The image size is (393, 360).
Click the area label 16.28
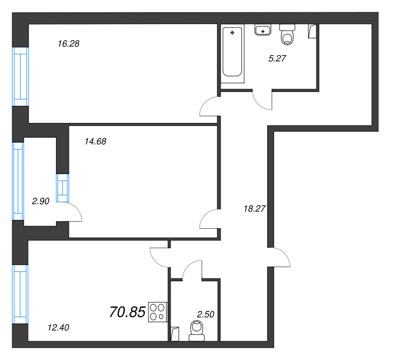(x=68, y=44)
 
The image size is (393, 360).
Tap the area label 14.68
(x=95, y=142)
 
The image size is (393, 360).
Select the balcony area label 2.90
(x=41, y=201)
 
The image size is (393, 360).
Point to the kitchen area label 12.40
(x=58, y=328)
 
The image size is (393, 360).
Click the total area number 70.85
(x=128, y=312)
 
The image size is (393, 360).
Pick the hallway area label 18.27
(x=254, y=209)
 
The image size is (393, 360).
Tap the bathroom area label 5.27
(x=277, y=59)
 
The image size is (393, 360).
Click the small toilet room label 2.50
(x=205, y=314)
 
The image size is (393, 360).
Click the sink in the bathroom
(x=263, y=30)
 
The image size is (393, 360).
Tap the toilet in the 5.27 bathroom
(x=287, y=34)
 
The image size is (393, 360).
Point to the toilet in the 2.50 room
(x=197, y=331)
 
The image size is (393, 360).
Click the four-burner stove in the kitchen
(x=158, y=312)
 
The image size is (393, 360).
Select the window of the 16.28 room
(x=21, y=77)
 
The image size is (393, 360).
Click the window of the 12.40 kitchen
(x=20, y=294)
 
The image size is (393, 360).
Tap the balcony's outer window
(x=18, y=181)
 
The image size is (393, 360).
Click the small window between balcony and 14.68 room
(x=62, y=188)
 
